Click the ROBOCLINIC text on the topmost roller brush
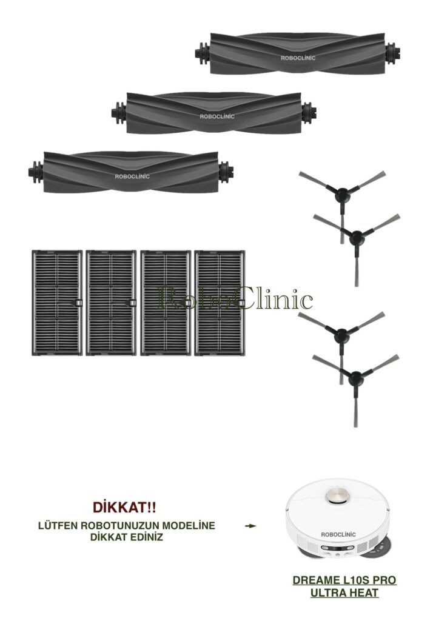tap(298, 58)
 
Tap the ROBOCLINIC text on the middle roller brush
tap(216, 116)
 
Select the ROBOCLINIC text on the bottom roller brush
tap(132, 176)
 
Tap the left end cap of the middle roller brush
tap(119, 112)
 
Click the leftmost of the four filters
tap(57, 303)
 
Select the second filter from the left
tap(112, 303)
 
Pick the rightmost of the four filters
tap(220, 303)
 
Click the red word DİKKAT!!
tap(124, 506)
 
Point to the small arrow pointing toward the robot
tap(250, 526)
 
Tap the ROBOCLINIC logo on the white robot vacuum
tap(338, 534)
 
